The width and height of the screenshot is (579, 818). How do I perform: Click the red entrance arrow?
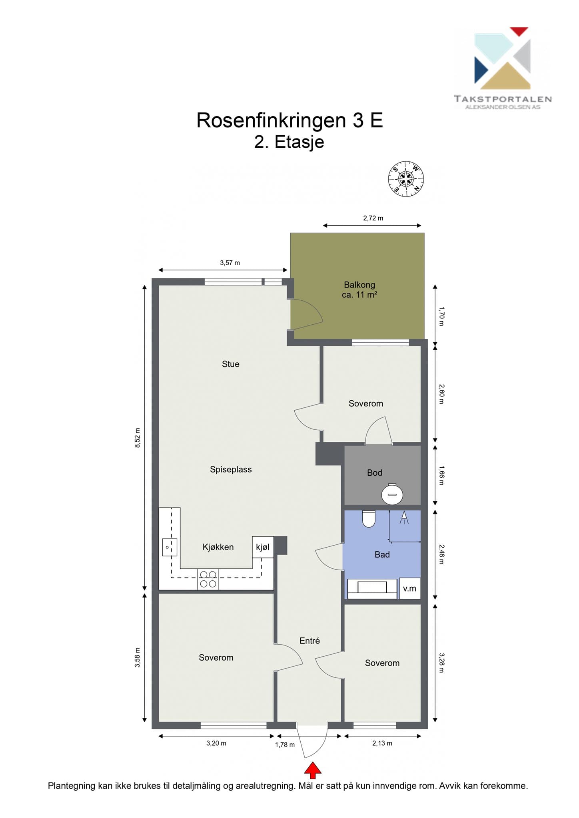tap(313, 770)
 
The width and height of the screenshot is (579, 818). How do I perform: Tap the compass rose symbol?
tap(406, 179)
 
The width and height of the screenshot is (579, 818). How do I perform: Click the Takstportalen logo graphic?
tap(503, 58)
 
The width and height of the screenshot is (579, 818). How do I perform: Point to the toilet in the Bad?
tap(368, 518)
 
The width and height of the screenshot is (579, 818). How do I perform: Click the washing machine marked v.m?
tap(409, 588)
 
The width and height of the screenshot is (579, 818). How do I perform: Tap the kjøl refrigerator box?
tap(263, 547)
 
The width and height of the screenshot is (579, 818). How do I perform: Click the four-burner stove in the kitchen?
tap(208, 579)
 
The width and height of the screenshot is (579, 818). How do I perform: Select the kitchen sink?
tap(170, 547)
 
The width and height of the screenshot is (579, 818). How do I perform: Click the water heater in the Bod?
tap(392, 494)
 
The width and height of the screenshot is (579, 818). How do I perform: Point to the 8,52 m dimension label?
tap(138, 438)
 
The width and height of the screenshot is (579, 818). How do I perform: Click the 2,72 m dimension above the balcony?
tap(373, 218)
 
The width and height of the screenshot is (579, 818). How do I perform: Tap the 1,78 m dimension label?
tap(285, 745)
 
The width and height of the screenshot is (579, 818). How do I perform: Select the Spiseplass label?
tap(231, 470)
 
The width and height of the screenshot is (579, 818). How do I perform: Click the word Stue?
tap(231, 364)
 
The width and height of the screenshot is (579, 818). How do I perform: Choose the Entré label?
tap(309, 641)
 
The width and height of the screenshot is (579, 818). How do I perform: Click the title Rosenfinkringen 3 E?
tap(289, 120)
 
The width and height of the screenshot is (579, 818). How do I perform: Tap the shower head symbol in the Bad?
tap(404, 518)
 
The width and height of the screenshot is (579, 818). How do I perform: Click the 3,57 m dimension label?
tap(230, 263)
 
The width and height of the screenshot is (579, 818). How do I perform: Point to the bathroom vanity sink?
tap(372, 588)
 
